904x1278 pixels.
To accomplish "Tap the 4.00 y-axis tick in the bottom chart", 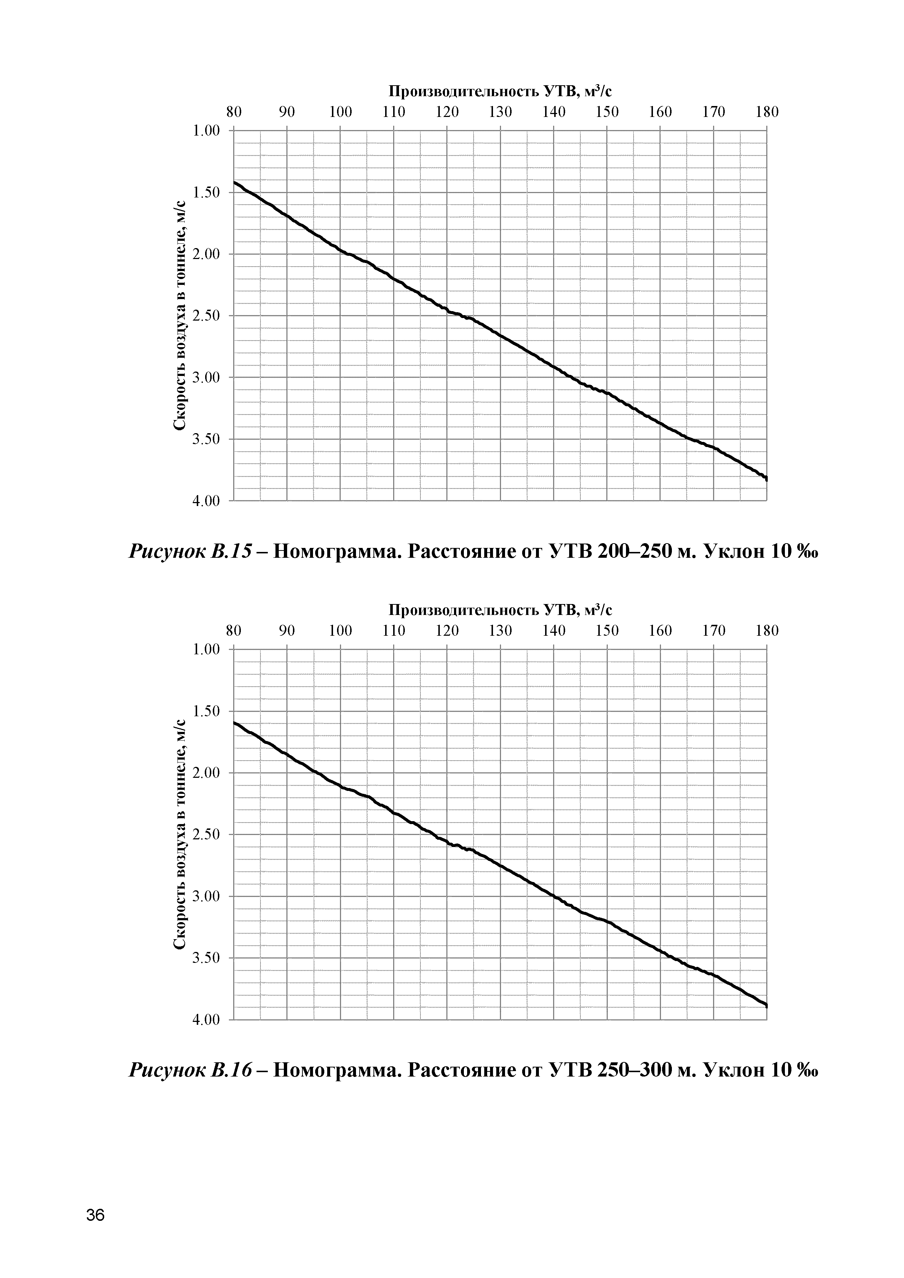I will point(206,1020).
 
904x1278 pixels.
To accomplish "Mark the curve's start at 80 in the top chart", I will point(235,182).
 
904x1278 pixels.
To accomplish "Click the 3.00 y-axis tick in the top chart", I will point(206,377).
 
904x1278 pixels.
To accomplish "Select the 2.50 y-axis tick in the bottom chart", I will point(206,834).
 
